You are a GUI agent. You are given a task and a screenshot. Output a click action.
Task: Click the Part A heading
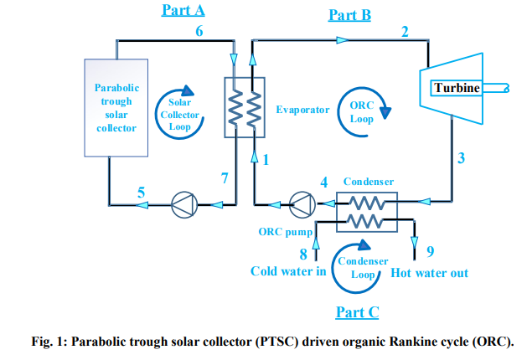point(183,11)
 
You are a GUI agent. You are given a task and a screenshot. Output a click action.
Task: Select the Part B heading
point(349,14)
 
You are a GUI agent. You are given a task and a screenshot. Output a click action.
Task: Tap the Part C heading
point(357,312)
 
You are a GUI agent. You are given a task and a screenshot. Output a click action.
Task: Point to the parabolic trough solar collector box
point(116,107)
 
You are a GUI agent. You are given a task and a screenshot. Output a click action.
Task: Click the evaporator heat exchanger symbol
point(244,108)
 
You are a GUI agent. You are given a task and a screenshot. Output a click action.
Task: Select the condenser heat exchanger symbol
point(365,210)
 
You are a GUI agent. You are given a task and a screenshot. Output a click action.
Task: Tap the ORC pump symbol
point(299,203)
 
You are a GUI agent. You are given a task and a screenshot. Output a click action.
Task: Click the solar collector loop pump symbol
point(182,203)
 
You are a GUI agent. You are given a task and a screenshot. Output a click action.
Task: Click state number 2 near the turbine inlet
point(405,33)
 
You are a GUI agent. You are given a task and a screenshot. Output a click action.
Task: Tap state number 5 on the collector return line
point(141,193)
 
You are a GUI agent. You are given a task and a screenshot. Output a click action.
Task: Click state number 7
point(224,177)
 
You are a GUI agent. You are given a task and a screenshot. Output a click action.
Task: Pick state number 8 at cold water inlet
point(304,255)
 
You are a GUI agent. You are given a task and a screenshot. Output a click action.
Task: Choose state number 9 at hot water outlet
point(430,252)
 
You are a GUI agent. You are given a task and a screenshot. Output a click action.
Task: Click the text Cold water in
point(288,272)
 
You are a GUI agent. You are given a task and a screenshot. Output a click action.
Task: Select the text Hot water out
point(430,273)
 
